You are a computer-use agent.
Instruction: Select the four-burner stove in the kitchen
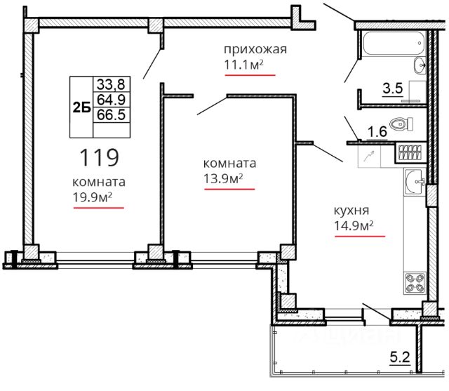pyautogui.click(x=415, y=283)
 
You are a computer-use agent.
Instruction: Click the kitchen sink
pyautogui.click(x=415, y=182)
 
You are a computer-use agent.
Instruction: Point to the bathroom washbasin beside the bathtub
pyautogui.click(x=420, y=65)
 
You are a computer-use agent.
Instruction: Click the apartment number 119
pyautogui.click(x=99, y=157)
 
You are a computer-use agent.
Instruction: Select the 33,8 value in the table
pyautogui.click(x=111, y=84)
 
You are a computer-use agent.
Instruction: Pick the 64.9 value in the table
pyautogui.click(x=111, y=100)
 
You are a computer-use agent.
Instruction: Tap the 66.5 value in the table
pyautogui.click(x=111, y=114)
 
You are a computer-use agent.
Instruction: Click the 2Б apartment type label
pyautogui.click(x=82, y=107)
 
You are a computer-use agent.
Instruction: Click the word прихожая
pyautogui.click(x=255, y=49)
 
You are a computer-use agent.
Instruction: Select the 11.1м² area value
pyautogui.click(x=243, y=65)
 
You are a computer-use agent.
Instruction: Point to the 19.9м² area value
pyautogui.click(x=92, y=197)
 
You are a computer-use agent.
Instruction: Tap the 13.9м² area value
pyautogui.click(x=223, y=178)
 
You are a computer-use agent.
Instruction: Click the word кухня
pyautogui.click(x=351, y=211)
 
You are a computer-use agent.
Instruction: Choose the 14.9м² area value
pyautogui.click(x=354, y=225)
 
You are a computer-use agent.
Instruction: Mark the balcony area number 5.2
pyautogui.click(x=400, y=357)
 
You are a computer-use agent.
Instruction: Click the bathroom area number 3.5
pyautogui.click(x=393, y=88)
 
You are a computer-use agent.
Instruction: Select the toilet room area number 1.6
pyautogui.click(x=377, y=132)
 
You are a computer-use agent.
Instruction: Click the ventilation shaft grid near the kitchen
pyautogui.click(x=410, y=152)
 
